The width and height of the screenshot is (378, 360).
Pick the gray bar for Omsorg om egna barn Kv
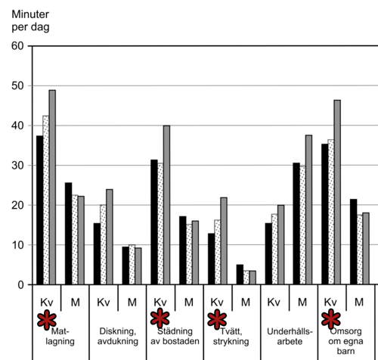[336, 192]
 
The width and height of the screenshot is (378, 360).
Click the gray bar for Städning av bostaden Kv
[166, 205]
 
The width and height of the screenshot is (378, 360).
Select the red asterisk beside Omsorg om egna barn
[331, 319]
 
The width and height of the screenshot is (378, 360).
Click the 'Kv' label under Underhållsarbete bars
[274, 302]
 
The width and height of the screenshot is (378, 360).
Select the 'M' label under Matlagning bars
[75, 302]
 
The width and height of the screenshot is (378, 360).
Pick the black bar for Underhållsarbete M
[296, 224]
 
